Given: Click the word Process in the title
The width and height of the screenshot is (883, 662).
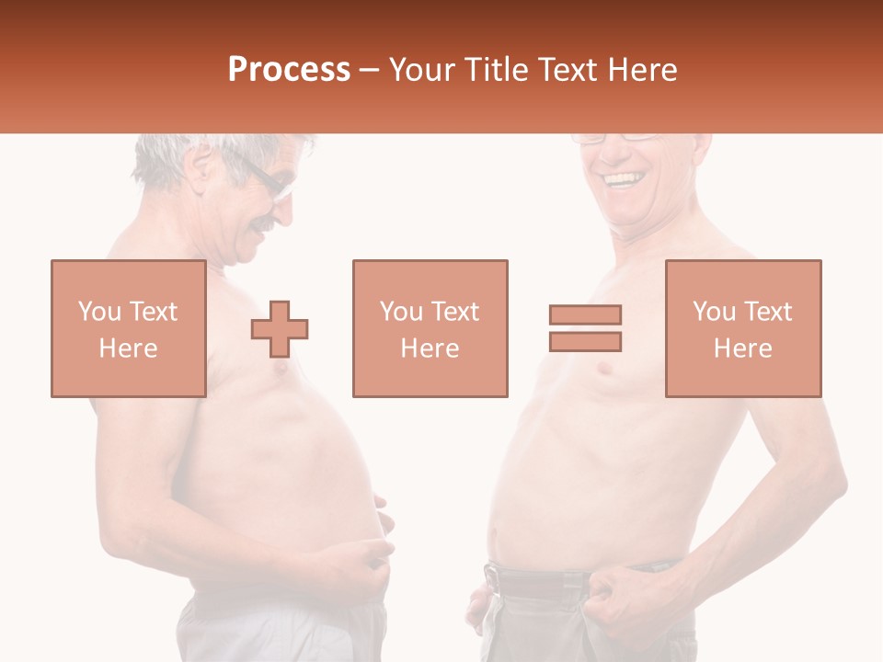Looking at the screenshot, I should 289,70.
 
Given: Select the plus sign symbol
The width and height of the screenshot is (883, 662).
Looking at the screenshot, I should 280,328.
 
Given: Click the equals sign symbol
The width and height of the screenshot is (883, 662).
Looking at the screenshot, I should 585,328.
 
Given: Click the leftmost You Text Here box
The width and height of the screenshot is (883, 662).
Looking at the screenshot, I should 128,328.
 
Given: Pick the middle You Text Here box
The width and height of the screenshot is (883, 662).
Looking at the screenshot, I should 430,328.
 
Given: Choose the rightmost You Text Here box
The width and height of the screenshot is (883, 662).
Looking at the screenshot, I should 742,328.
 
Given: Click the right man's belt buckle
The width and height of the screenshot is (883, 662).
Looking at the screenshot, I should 493,580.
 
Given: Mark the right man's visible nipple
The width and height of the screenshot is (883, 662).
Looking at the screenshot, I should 602,370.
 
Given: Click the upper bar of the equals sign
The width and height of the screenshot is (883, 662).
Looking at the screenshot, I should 585,314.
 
